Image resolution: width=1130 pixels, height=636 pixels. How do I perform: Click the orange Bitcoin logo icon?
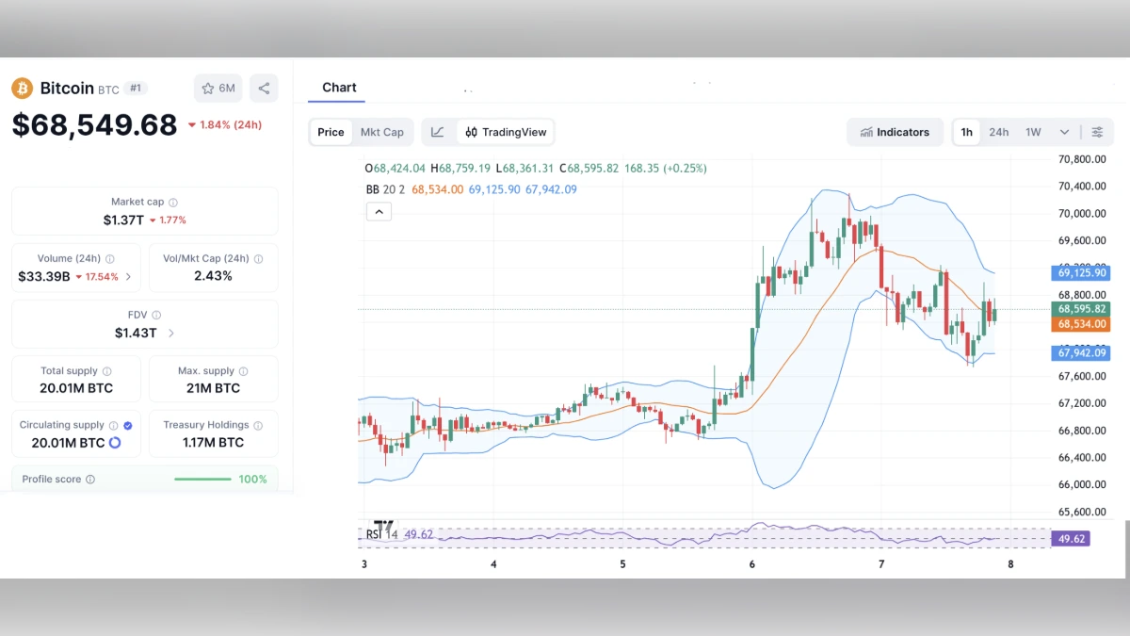[x=22, y=89]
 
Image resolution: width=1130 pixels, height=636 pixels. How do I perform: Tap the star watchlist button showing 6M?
[x=218, y=89]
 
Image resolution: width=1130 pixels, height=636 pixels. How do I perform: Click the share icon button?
[x=264, y=89]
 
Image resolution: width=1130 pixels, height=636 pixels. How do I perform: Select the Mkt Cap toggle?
[x=381, y=132]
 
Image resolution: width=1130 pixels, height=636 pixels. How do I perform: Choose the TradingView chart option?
[x=506, y=132]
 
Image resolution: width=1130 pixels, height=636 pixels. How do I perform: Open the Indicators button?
[x=895, y=132]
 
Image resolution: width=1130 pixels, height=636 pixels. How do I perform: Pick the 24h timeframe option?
[x=998, y=132]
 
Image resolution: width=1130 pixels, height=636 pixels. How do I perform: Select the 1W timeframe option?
[x=1033, y=132]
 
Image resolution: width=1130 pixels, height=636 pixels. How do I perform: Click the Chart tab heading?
[x=339, y=88]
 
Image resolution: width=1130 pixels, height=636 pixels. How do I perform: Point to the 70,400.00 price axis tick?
[x=1081, y=187]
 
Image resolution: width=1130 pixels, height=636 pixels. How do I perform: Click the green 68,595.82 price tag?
[x=1081, y=309]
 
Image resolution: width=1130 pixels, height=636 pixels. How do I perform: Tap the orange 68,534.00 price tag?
[x=1081, y=324]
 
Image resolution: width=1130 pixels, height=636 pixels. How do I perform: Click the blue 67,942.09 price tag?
[x=1081, y=353]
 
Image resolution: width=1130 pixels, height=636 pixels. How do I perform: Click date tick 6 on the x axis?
[x=752, y=564]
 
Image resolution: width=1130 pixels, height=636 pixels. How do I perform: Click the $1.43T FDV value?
[x=137, y=333]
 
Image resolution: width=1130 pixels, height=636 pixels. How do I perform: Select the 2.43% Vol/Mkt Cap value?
[x=213, y=276]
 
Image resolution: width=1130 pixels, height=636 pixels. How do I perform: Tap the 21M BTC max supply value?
[x=213, y=388]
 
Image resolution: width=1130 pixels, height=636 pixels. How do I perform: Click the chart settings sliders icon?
[x=1097, y=132]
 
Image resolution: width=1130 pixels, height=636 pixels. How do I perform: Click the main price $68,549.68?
[x=94, y=125]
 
